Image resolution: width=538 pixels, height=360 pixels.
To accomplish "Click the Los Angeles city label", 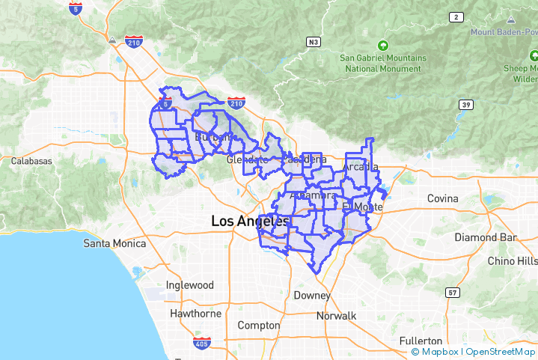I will pyautogui.click(x=250, y=222).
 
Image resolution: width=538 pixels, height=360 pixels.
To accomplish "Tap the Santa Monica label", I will pyautogui.click(x=113, y=243).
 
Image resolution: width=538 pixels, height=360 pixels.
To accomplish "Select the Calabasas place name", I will pyautogui.click(x=31, y=161).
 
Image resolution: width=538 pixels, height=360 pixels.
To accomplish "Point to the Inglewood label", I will pyautogui.click(x=189, y=285).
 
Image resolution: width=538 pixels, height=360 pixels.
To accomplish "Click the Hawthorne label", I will pyautogui.click(x=196, y=314).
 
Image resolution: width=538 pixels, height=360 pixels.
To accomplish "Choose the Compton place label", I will pyautogui.click(x=258, y=326).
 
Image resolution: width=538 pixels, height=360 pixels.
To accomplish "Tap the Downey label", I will pyautogui.click(x=312, y=296).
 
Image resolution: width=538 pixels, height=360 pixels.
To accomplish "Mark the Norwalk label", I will pyautogui.click(x=336, y=316).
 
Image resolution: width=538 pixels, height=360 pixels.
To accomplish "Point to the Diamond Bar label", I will pyautogui.click(x=486, y=237).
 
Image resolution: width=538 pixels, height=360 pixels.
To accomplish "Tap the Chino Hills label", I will pyautogui.click(x=512, y=261).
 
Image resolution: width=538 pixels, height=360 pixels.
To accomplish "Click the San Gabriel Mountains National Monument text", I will pyautogui.click(x=383, y=63).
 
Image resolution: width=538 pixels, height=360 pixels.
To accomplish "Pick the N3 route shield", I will pyautogui.click(x=314, y=42).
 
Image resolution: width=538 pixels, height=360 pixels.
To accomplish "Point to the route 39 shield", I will pyautogui.click(x=466, y=105).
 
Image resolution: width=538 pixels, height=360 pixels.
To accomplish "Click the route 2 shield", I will pyautogui.click(x=456, y=16).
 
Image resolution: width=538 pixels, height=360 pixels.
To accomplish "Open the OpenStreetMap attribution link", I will pyautogui.click(x=501, y=352).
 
